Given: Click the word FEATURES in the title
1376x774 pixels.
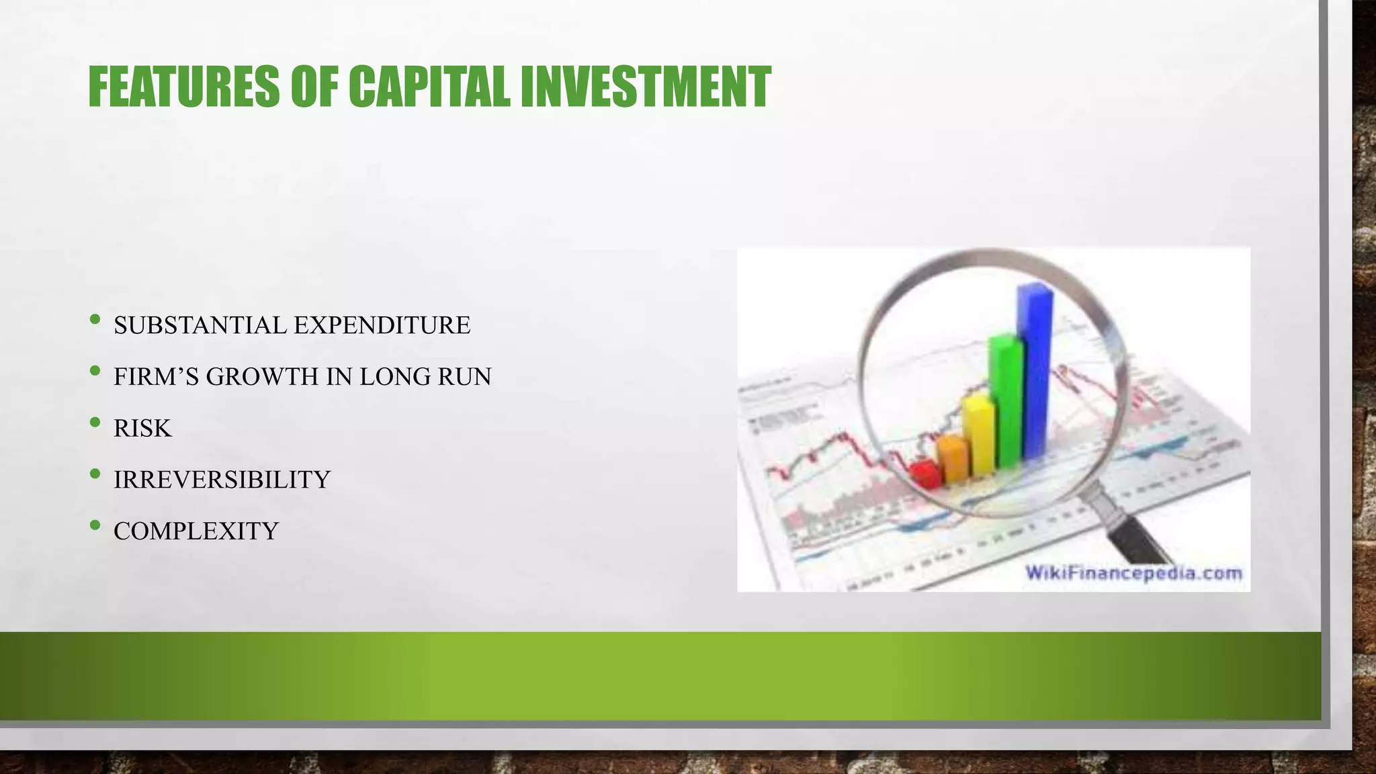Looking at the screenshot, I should tap(183, 87).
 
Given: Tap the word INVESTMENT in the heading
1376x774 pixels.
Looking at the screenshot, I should tap(646, 87).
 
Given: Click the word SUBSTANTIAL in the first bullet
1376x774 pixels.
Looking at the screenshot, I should tap(200, 325).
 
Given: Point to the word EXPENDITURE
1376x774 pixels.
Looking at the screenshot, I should tap(382, 325).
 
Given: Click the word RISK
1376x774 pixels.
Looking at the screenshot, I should tap(142, 429).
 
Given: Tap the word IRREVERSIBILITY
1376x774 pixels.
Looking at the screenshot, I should tap(222, 480).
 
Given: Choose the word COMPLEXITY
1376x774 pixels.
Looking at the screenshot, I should tap(196, 531).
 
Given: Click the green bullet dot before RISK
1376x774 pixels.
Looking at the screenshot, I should tap(95, 423).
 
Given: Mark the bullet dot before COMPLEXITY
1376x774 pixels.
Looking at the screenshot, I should tap(95, 525).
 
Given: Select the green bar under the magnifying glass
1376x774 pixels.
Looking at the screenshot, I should tap(1006, 403).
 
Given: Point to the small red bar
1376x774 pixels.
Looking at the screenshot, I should tap(927, 474).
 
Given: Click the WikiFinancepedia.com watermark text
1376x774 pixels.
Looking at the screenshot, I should tap(1133, 574).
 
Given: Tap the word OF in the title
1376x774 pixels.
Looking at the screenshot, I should tap(313, 87).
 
